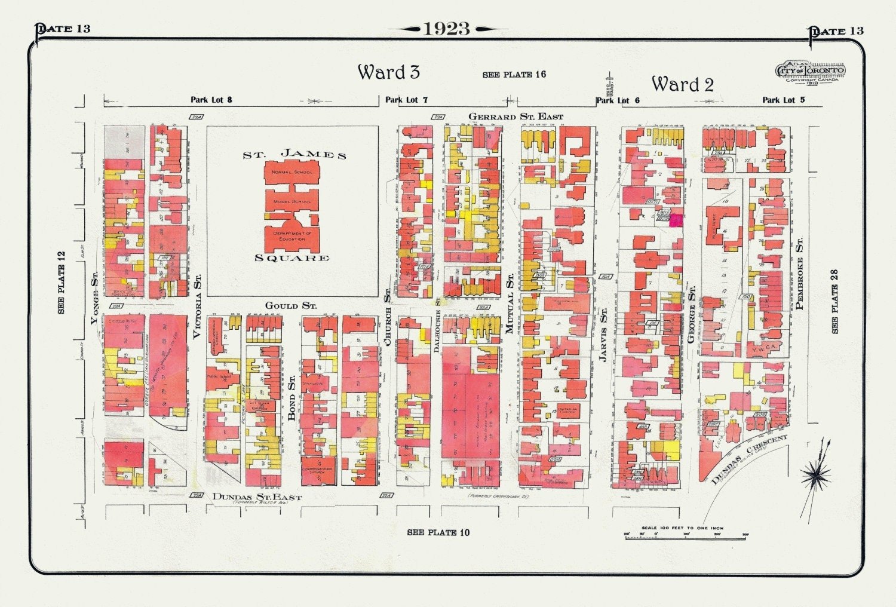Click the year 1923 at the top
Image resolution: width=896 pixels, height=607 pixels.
pyautogui.click(x=447, y=29)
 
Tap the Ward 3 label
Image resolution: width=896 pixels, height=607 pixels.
pyautogui.click(x=389, y=72)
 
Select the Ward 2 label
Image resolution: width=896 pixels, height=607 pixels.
pyautogui.click(x=682, y=84)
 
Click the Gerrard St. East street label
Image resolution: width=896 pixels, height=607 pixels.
pyautogui.click(x=515, y=117)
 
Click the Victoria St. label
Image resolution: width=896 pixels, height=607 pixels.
pyautogui.click(x=197, y=306)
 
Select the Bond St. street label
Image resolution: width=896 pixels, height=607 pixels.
pyautogui.click(x=291, y=398)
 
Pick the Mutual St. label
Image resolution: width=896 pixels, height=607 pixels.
pyautogui.click(x=510, y=303)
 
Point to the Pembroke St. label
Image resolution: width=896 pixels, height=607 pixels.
pyautogui.click(x=799, y=273)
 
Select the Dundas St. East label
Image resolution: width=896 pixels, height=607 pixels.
pyautogui.click(x=257, y=497)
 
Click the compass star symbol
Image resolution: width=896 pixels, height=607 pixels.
pyautogui.click(x=815, y=475)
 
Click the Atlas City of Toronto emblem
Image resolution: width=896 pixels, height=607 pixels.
pyautogui.click(x=810, y=72)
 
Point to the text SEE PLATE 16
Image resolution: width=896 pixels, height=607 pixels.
pyautogui.click(x=514, y=75)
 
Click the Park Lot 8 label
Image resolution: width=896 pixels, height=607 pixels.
pyautogui.click(x=211, y=100)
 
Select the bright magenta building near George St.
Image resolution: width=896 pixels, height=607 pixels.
pyautogui.click(x=676, y=220)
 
